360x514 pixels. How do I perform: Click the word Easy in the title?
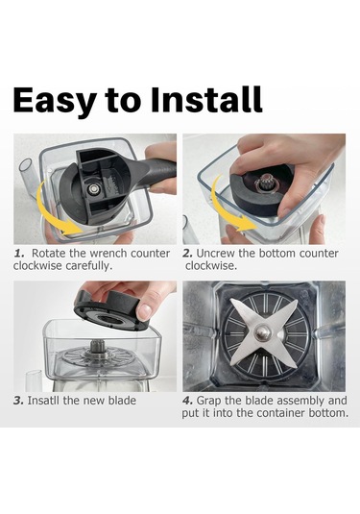(55, 100)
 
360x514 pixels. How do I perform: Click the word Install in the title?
(206, 99)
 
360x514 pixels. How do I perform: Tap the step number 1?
(19, 254)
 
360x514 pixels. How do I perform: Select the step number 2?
(188, 254)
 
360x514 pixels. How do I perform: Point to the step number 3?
(18, 401)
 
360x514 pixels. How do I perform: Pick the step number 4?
(188, 401)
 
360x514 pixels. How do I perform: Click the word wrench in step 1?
(108, 254)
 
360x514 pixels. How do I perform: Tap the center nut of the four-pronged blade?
(263, 333)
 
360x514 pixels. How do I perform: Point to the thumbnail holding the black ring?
(144, 313)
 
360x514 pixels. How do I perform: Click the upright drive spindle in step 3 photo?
(97, 348)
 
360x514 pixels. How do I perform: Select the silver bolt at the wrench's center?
(94, 188)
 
